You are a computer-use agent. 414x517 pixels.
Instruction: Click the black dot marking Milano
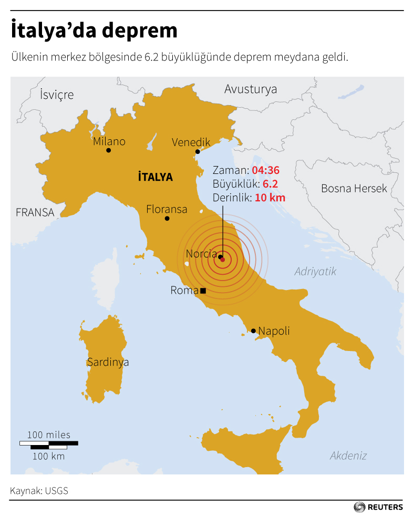[108, 150]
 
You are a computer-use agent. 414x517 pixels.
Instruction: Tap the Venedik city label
[191, 142]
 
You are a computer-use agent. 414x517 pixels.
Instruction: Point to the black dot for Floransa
[167, 219]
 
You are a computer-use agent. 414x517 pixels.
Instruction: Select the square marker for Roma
[203, 291]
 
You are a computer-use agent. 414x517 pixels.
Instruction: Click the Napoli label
[274, 331]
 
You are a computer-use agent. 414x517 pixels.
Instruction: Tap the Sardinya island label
[108, 362]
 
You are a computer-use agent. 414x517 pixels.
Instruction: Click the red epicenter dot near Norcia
[222, 260]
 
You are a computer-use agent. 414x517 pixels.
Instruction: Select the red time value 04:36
[265, 170]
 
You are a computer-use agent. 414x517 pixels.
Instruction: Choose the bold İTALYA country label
[155, 177]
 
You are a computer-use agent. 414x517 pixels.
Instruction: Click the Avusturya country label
[251, 89]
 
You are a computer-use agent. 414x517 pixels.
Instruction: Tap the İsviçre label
[57, 95]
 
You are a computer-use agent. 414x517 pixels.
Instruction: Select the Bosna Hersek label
[354, 188]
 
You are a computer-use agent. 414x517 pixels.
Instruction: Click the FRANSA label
[35, 213]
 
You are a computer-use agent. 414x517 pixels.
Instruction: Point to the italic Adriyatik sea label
[315, 272]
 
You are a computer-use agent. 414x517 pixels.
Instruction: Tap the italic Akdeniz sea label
[348, 456]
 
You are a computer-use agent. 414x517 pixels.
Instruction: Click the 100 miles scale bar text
[48, 435]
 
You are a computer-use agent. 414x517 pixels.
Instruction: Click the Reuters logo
[378, 507]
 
